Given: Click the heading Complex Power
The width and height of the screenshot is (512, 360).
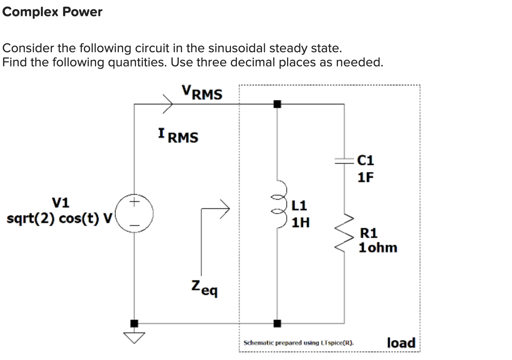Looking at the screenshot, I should tap(52, 12).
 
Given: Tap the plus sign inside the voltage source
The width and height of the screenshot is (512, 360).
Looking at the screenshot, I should tap(134, 203).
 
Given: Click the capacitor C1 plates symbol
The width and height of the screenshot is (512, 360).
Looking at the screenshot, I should tap(344, 161).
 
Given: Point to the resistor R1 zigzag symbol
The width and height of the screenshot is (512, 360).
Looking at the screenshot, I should tap(344, 233).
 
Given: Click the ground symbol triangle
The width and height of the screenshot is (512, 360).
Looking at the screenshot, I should tap(134, 337).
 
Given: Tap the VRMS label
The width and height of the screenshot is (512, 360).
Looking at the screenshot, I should tap(202, 92).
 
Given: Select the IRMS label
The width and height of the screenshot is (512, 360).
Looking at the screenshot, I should tap(178, 136).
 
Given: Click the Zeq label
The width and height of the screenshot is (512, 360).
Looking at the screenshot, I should tap(205, 288).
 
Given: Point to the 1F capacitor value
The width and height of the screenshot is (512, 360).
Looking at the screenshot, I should tap(365, 177).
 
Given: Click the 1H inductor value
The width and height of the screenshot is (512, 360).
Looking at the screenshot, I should tap(300, 223).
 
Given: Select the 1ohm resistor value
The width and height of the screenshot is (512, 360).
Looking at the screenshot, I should tap(378, 247).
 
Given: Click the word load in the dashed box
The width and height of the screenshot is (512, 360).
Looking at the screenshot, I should tap(401, 343).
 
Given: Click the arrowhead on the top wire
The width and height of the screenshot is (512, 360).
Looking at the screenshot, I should tap(168, 104).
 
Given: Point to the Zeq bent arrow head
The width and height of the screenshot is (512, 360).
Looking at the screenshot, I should tap(225, 209).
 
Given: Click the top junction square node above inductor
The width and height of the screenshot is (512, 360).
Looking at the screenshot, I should tap(277, 104).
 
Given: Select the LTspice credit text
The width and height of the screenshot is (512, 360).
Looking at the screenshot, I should tap(298, 343).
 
